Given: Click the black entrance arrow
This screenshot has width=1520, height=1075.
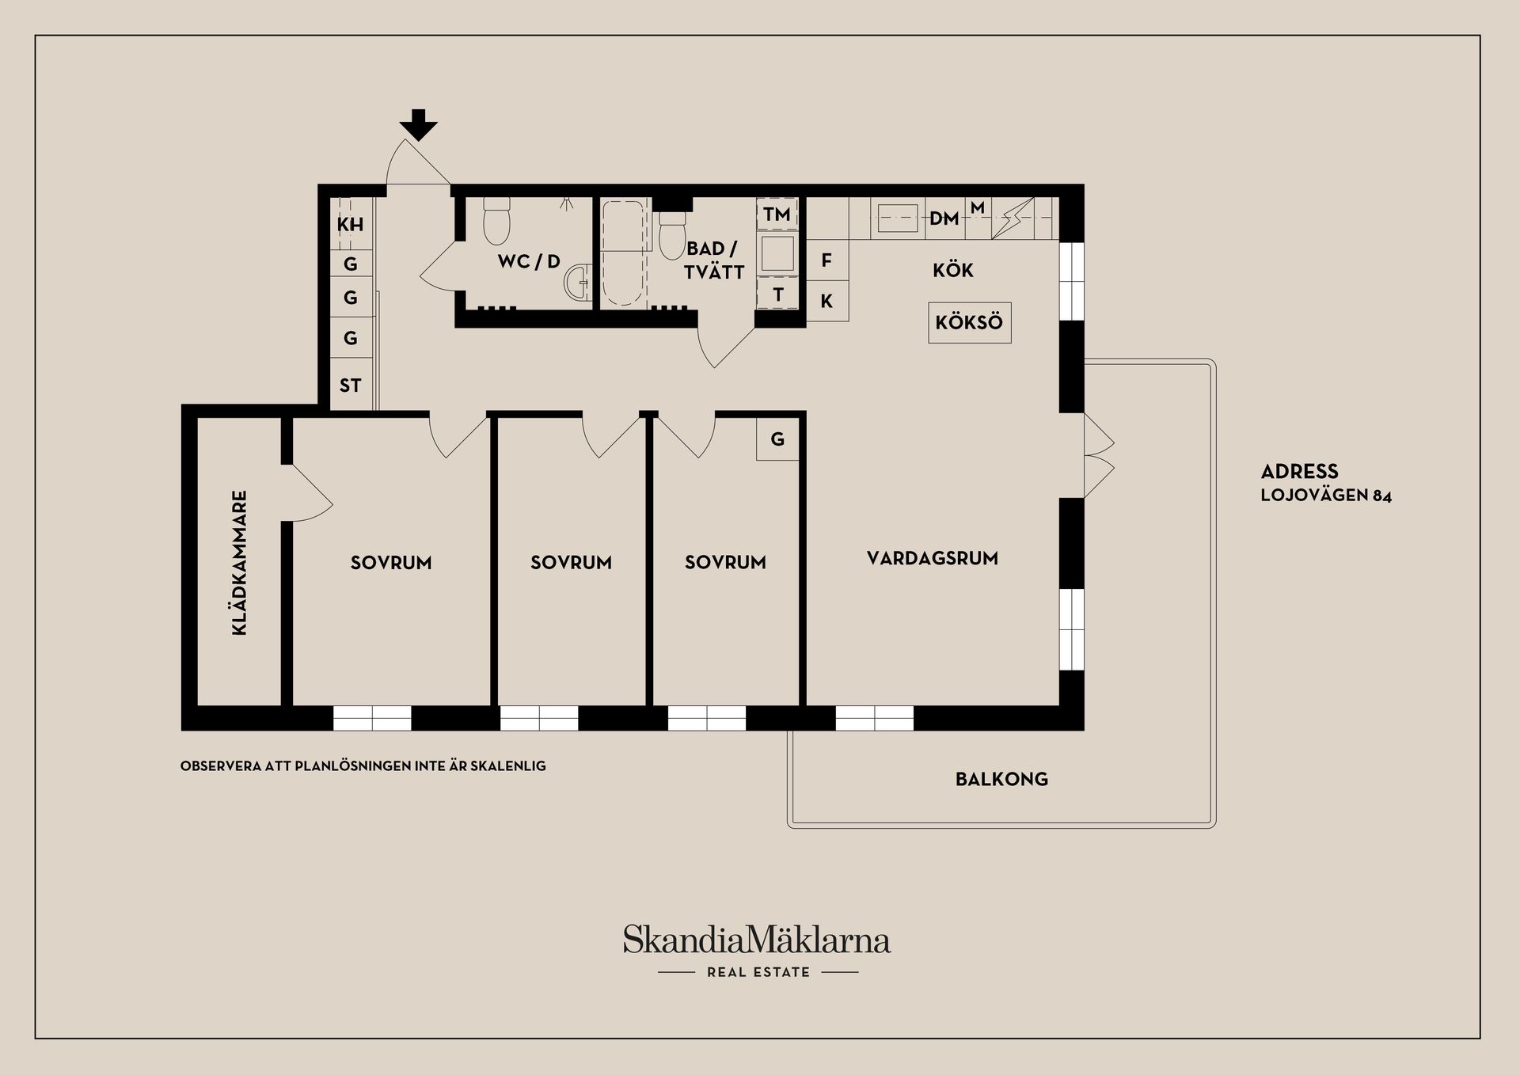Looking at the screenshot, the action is (x=418, y=125).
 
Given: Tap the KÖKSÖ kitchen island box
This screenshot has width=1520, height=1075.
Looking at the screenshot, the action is (x=969, y=323).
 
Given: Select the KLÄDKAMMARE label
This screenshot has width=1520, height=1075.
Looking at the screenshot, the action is (x=239, y=563).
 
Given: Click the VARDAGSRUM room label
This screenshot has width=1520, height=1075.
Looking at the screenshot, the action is (x=932, y=558).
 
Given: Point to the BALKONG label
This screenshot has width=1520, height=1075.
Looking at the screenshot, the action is (x=1001, y=779).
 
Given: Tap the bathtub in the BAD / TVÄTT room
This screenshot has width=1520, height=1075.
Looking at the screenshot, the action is (x=623, y=253).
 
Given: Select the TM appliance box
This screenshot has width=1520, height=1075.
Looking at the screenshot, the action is (x=777, y=214).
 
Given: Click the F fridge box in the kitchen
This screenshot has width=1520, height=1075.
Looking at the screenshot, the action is (x=827, y=260).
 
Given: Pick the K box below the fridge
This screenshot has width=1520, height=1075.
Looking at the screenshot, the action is (x=827, y=301).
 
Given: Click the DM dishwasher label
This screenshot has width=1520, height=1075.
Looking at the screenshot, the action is (x=944, y=218).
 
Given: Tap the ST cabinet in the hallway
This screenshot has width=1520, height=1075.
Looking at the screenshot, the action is (x=351, y=385).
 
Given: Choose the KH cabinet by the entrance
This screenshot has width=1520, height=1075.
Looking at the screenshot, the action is (x=351, y=224).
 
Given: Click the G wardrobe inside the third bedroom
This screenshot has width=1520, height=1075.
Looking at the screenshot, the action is (x=777, y=439).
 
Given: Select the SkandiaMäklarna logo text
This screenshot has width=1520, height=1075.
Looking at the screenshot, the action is (x=757, y=940).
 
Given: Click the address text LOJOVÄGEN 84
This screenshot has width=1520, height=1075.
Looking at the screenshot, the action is (x=1326, y=496).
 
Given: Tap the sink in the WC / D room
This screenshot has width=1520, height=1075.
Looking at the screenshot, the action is (x=580, y=281).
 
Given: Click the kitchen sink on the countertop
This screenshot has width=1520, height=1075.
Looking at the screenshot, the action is (x=898, y=218).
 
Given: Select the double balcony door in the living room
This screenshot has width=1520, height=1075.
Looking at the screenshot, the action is (x=1099, y=455).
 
